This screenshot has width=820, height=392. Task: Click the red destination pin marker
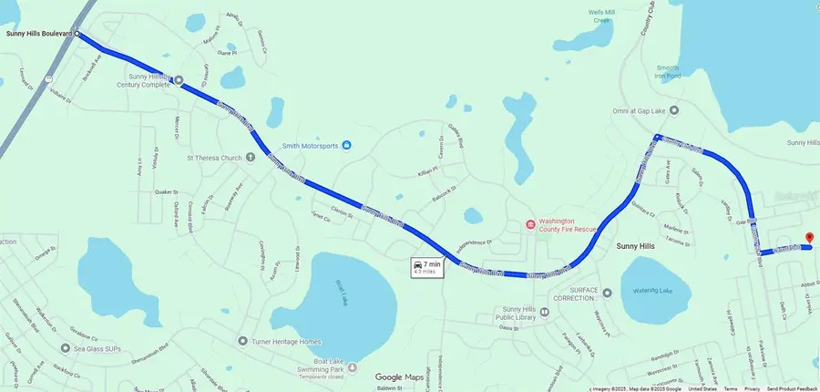click(808, 239)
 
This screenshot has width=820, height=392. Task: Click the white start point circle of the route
click(77, 35)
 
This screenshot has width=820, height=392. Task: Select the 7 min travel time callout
click(426, 267)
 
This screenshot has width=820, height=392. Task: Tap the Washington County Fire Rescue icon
click(529, 224)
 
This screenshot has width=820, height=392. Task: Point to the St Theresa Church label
click(214, 158)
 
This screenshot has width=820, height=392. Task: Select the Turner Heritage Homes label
click(287, 341)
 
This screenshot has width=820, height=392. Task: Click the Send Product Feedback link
click(792, 388)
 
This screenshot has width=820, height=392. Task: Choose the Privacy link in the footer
click(753, 388)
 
